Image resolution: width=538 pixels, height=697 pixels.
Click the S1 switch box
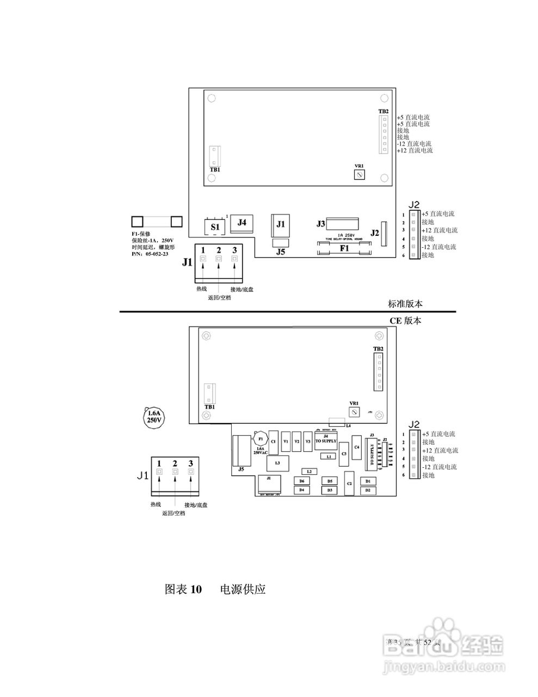(x=215, y=226)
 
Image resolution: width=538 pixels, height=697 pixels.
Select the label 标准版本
(x=405, y=304)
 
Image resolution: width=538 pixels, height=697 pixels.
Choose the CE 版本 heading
(x=405, y=321)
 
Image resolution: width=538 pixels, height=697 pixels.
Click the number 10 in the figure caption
(x=196, y=589)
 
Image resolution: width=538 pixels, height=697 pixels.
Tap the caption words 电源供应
(x=243, y=589)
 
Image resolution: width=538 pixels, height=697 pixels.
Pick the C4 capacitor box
(x=357, y=448)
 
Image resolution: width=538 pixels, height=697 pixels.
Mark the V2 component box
(x=296, y=442)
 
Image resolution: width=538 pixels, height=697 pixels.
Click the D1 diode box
(x=368, y=481)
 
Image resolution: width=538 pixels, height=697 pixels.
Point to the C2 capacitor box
(x=349, y=484)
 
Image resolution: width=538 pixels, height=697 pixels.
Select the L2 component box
(x=309, y=471)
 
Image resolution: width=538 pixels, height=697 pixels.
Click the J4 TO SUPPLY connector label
(x=326, y=439)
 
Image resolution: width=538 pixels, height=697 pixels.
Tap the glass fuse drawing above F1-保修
(x=157, y=221)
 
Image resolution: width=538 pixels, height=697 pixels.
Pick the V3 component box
(x=308, y=442)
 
